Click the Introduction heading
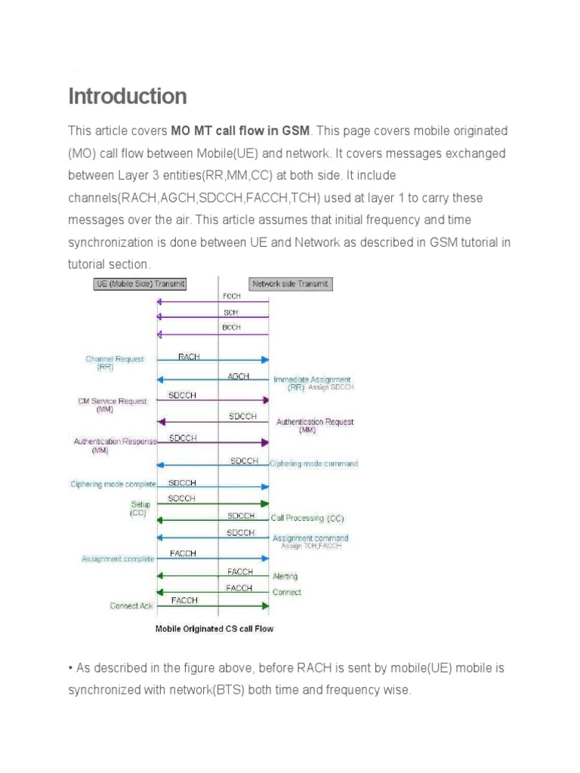click(x=128, y=97)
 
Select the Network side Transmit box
click(x=291, y=284)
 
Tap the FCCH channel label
click(x=232, y=297)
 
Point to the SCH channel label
click(x=231, y=312)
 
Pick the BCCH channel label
click(x=232, y=328)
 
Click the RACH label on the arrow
click(x=189, y=356)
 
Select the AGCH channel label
click(x=239, y=376)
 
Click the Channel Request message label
click(x=115, y=359)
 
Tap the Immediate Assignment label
click(x=311, y=380)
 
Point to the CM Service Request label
click(x=113, y=402)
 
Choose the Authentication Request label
click(x=315, y=422)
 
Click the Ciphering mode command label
click(x=314, y=463)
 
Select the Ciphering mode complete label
click(x=113, y=484)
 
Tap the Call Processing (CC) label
click(x=307, y=519)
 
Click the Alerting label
click(x=285, y=577)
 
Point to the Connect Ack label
click(x=131, y=605)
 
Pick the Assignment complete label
click(x=118, y=559)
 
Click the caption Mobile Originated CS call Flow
click(x=214, y=628)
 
